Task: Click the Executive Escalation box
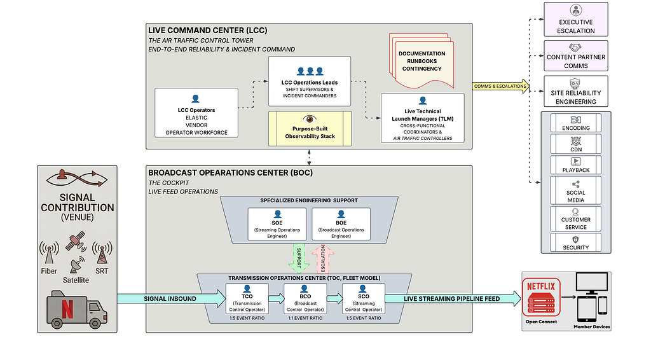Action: [576, 20]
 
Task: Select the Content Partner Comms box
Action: [576, 55]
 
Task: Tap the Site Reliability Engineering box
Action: [576, 92]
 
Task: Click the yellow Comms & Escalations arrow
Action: [501, 86]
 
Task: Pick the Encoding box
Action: [576, 123]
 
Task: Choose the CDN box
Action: [576, 144]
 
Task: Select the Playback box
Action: [576, 165]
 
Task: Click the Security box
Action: [576, 242]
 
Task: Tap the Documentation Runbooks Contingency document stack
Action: [421, 60]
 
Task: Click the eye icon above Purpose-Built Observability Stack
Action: [310, 119]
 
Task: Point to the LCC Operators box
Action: [196, 113]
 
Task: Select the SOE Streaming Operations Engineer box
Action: [277, 224]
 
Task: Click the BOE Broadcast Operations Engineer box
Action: [341, 224]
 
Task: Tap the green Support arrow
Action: [299, 258]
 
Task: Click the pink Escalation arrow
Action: [322, 258]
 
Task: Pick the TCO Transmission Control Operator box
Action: [247, 298]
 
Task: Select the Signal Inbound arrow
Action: [172, 298]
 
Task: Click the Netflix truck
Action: [77, 309]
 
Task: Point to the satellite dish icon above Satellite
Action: [77, 265]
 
